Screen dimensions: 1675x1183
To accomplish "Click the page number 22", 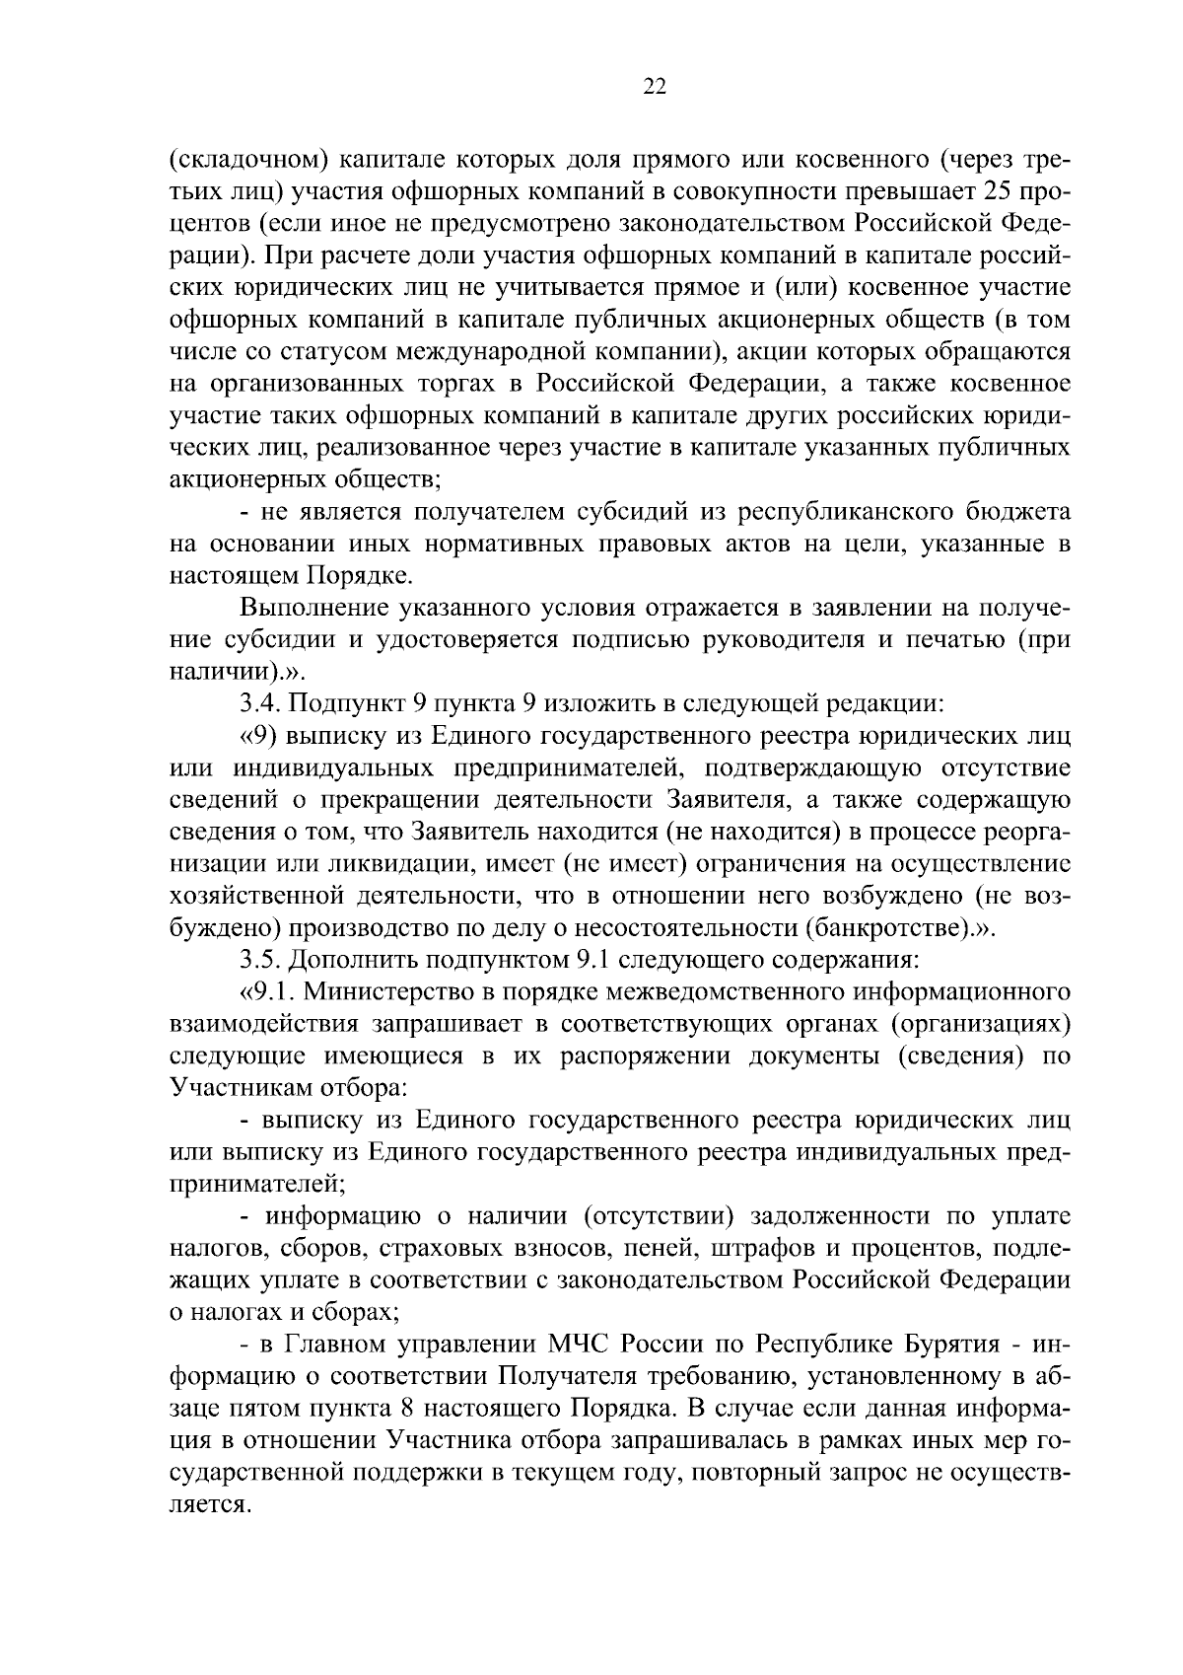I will tap(655, 88).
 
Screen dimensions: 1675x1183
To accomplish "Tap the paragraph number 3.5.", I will tap(260, 960).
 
